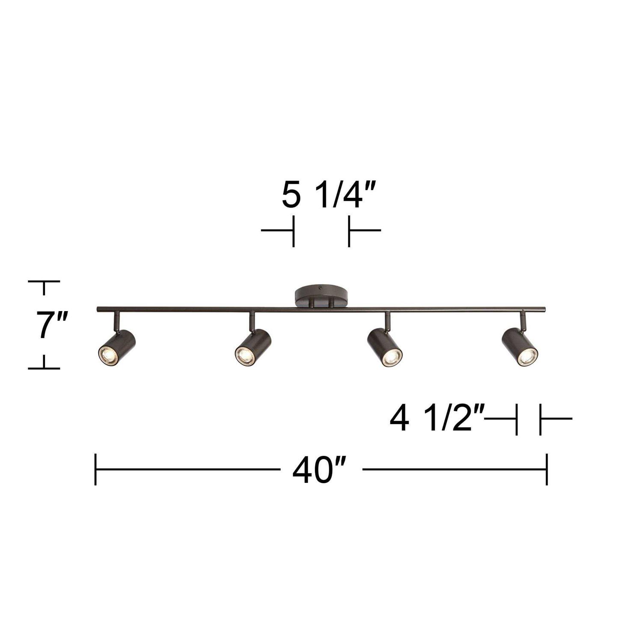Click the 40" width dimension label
coord(319,470)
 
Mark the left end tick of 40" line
coord(95,470)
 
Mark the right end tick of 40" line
coord(547,470)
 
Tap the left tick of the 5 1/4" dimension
coord(293,231)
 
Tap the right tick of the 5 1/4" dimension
coord(349,231)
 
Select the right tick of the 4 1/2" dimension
coord(541,419)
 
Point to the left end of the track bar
coord(98,309)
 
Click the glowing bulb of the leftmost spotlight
coord(107,354)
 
